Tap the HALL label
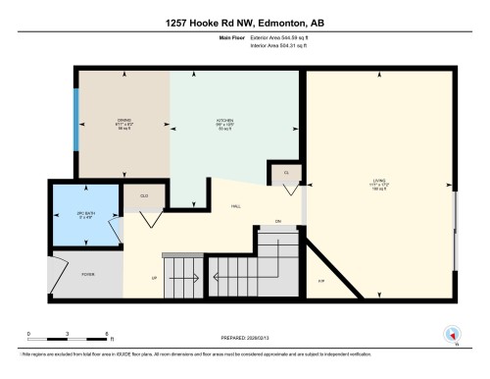[x=236, y=206]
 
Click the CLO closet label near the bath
[x=143, y=196]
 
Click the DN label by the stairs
[x=278, y=221]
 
